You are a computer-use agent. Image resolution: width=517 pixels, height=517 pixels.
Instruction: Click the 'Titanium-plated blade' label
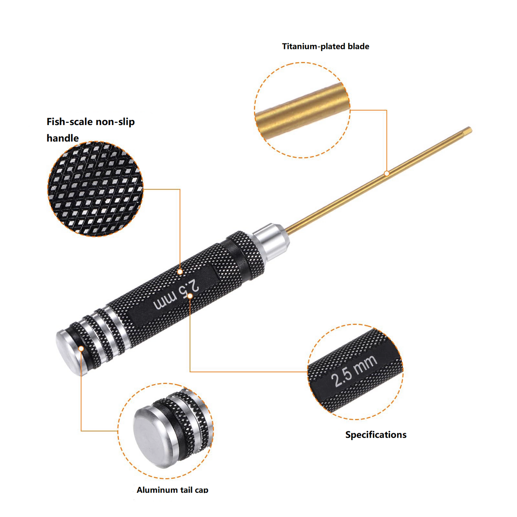325,46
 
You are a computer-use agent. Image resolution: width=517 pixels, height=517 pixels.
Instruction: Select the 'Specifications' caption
375,435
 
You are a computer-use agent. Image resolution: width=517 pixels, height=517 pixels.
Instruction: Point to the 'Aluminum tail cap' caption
172,489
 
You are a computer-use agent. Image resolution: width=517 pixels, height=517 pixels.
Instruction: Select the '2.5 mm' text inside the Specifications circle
354,371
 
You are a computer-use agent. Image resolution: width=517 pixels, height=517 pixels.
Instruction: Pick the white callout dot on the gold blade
386,173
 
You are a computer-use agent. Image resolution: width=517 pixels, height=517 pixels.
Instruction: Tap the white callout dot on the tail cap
81,349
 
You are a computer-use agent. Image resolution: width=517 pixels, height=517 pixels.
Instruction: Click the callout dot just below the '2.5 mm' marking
190,296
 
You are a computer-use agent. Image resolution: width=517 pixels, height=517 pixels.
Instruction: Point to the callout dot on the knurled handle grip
180,272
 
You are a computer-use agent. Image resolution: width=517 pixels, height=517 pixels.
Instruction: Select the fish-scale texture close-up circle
95,189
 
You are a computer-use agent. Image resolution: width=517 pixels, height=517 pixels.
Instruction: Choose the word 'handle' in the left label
63,138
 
